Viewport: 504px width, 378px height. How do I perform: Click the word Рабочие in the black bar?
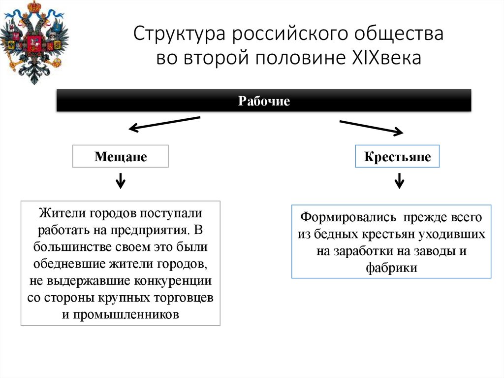click(264, 102)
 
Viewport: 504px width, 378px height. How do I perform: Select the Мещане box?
click(121, 157)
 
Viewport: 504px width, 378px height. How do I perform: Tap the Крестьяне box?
click(397, 157)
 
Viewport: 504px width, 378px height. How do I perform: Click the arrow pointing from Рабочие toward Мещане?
click(164, 123)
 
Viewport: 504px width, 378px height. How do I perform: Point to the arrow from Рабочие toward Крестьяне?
click(371, 127)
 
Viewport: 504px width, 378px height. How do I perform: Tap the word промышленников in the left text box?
click(126, 314)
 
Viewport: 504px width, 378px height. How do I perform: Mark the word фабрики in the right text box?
click(392, 268)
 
